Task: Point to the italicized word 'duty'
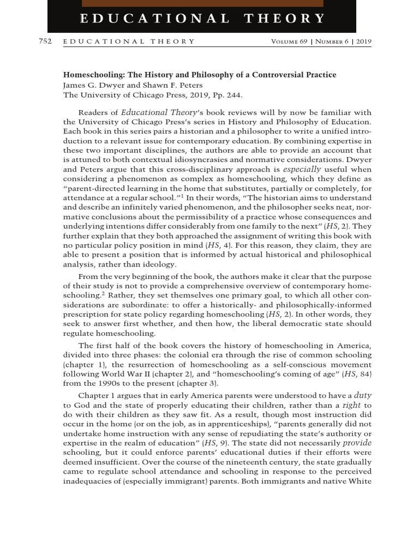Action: pos(363,394)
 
